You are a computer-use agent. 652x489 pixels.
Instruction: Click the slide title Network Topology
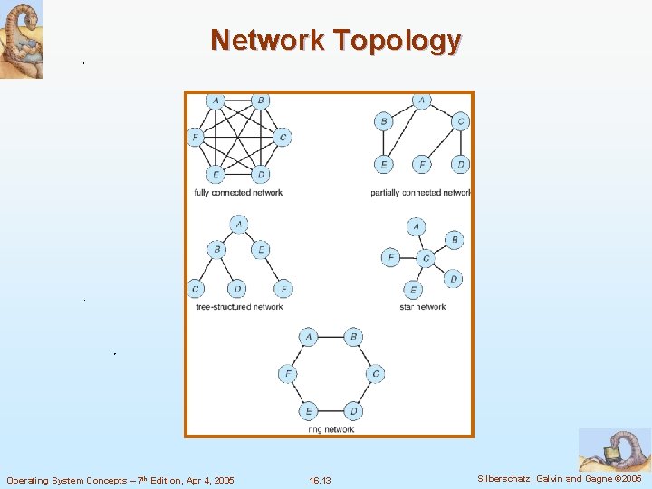(x=336, y=41)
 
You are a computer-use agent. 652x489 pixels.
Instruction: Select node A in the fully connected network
(x=215, y=101)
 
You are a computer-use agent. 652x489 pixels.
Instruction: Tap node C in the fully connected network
(x=283, y=138)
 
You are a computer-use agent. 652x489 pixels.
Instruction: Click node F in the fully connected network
(x=194, y=138)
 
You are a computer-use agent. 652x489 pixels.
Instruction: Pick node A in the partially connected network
(x=421, y=101)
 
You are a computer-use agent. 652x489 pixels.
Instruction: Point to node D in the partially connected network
(x=461, y=164)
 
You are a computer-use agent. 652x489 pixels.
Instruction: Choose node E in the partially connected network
(x=383, y=164)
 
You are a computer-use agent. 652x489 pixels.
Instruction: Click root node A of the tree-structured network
(x=238, y=223)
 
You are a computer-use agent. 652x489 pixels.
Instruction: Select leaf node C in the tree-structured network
(x=195, y=289)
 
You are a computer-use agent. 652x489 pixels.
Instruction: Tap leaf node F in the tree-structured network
(x=283, y=289)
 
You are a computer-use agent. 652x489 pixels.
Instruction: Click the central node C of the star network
(x=427, y=258)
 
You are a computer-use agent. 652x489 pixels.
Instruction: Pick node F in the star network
(x=390, y=258)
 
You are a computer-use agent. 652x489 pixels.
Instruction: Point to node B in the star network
(x=454, y=240)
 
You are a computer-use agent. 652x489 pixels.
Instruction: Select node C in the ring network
(x=375, y=374)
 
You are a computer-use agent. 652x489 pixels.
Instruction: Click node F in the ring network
(x=287, y=374)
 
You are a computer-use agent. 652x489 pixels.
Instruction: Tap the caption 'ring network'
(x=331, y=429)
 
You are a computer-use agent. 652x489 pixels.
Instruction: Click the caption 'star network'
(x=422, y=307)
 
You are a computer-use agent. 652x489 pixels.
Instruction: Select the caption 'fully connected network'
(x=238, y=192)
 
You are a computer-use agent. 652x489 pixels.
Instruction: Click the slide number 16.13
(x=320, y=479)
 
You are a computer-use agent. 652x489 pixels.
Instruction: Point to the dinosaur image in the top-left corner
(x=21, y=39)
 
